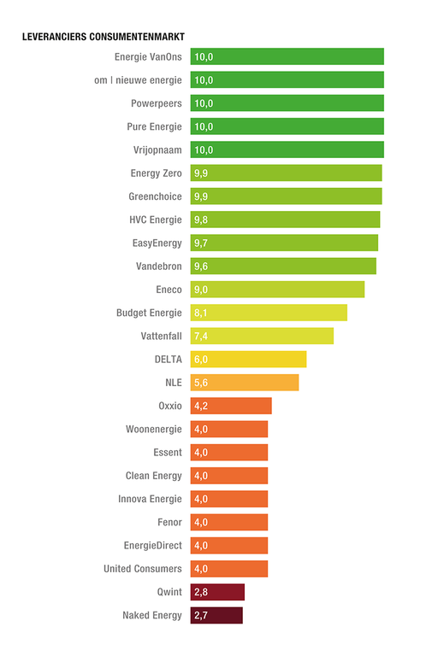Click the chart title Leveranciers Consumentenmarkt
pyautogui.click(x=103, y=38)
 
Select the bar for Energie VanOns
pyautogui.click(x=287, y=57)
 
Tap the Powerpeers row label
pyautogui.click(x=157, y=103)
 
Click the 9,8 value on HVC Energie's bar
pyautogui.click(x=202, y=220)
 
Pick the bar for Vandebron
pyautogui.click(x=283, y=266)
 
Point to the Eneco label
pyautogui.click(x=169, y=290)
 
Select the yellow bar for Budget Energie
pyautogui.click(x=269, y=313)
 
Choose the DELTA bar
pyautogui.click(x=248, y=360)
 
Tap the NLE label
pyautogui.click(x=174, y=383)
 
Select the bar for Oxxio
pyautogui.click(x=231, y=406)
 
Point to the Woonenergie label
pyautogui.click(x=154, y=429)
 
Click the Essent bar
pyautogui.click(x=229, y=453)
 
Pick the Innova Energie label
pyautogui.click(x=150, y=499)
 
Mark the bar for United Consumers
pyautogui.click(x=229, y=569)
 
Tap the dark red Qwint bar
pyautogui.click(x=217, y=592)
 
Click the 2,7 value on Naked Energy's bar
pyautogui.click(x=202, y=615)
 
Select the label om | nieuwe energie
pyautogui.click(x=139, y=80)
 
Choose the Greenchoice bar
pyautogui.click(x=286, y=196)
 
